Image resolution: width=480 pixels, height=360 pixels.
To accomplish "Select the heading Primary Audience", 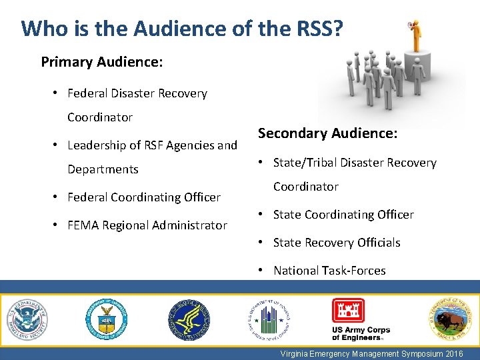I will (102, 62).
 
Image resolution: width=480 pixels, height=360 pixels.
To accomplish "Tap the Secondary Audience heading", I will (327, 133).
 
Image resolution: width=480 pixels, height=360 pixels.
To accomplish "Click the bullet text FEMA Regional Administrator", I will (147, 225).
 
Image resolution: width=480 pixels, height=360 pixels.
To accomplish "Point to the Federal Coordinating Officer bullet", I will (143, 197).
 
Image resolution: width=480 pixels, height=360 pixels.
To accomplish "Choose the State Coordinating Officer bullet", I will (343, 215).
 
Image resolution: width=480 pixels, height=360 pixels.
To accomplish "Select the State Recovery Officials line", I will (337, 243).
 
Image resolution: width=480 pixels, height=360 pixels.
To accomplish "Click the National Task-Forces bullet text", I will (329, 271).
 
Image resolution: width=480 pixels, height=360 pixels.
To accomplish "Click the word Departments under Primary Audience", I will (103, 169).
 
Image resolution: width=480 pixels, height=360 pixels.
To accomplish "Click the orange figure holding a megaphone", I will (417, 33).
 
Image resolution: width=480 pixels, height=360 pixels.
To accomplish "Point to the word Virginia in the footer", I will (294, 354).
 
